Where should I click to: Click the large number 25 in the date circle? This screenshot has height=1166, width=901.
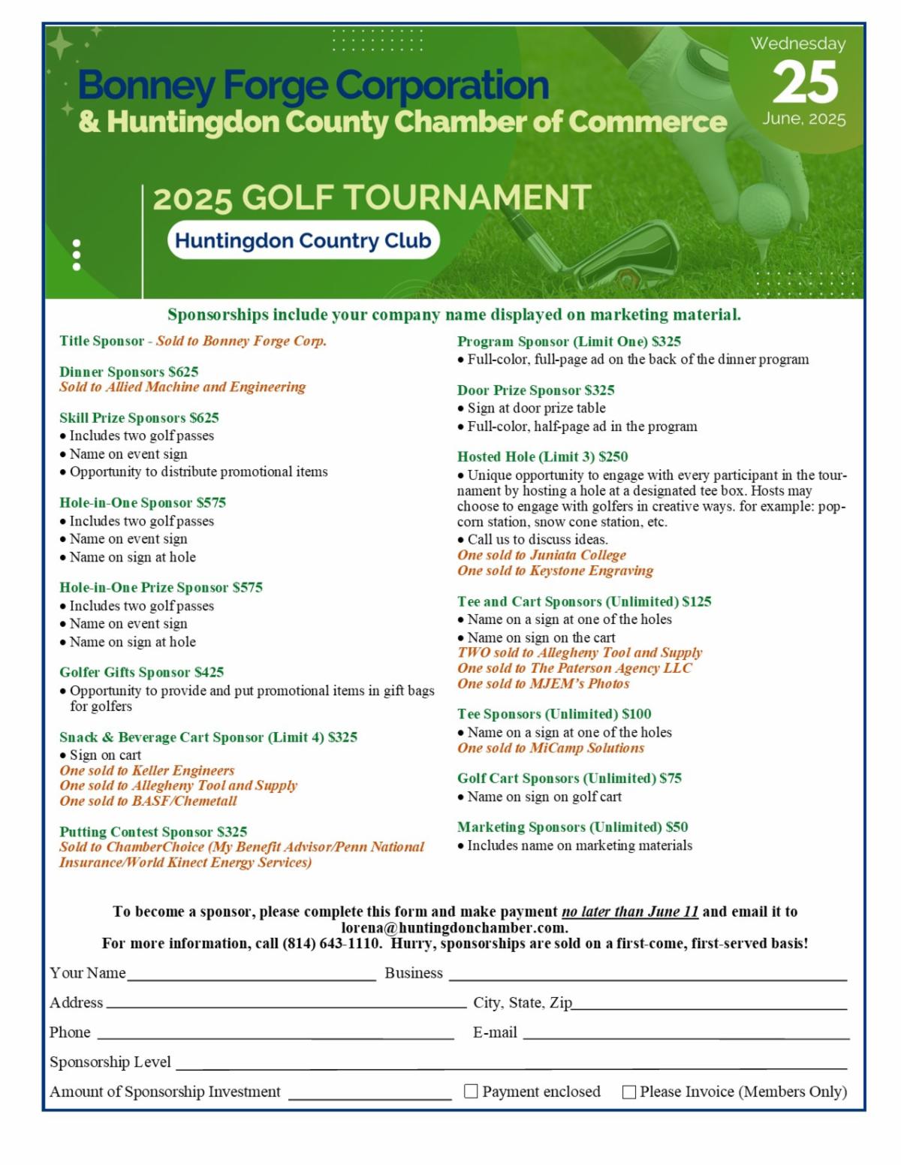point(805,82)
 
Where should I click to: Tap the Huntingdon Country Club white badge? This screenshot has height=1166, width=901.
point(303,240)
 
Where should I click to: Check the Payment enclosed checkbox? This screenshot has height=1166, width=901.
point(471,1091)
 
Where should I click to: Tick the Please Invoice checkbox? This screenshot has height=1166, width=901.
point(629,1092)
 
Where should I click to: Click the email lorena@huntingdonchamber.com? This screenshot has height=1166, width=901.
point(454,927)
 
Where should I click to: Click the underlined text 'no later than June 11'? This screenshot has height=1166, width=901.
point(630,911)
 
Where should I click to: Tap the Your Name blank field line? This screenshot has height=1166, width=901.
point(252,978)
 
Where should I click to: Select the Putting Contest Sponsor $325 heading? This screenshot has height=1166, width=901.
point(153,831)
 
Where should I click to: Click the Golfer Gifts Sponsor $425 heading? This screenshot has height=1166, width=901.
point(141,672)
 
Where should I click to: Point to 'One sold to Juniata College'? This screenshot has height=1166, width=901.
point(541,555)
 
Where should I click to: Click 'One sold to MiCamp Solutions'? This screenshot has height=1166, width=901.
point(550,748)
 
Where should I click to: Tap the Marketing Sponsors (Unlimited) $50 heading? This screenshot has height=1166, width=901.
point(572,827)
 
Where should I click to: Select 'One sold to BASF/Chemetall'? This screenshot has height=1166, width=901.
point(148,801)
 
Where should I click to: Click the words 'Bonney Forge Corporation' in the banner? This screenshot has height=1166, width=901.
point(313,86)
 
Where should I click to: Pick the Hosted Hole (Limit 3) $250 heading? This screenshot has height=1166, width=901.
point(542,456)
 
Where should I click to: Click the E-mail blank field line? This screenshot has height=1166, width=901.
point(686,1038)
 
